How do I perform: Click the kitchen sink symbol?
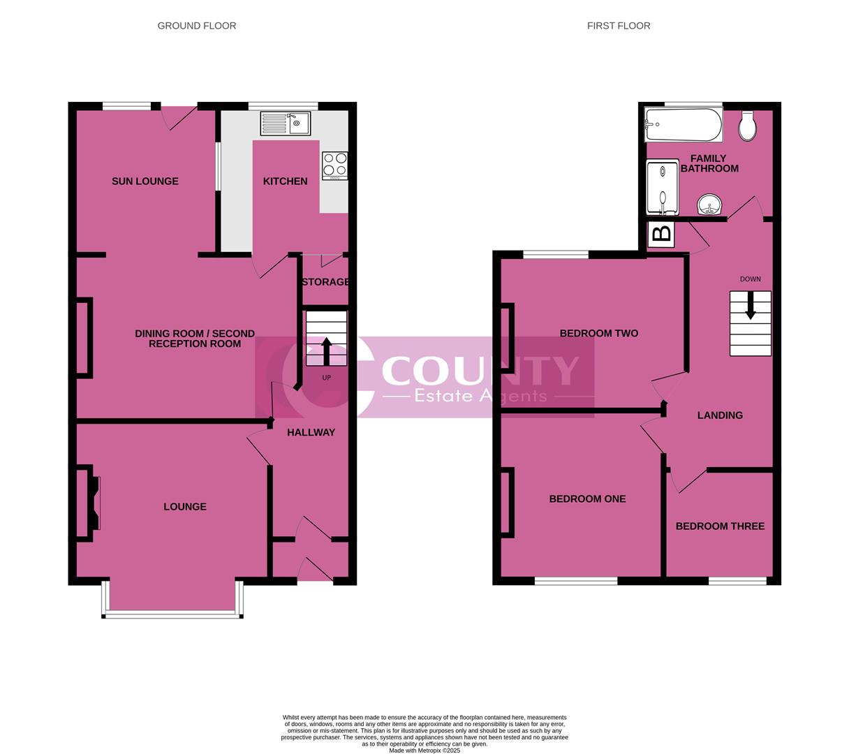point(286,124)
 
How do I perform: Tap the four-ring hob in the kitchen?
point(334,165)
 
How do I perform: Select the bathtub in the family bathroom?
point(683,124)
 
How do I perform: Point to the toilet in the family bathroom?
point(746,126)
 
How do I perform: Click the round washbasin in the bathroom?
point(710,206)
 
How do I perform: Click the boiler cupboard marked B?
point(660,233)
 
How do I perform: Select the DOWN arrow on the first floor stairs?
point(751,306)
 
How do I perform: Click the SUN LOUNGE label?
point(145,182)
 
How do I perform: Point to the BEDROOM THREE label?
point(720,526)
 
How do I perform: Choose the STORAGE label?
point(325,282)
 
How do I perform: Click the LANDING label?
point(720,415)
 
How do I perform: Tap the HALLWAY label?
point(311,433)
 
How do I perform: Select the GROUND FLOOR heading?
point(197,26)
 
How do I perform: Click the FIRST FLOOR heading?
point(619,26)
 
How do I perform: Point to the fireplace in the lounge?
point(92,503)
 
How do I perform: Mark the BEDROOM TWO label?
point(599,334)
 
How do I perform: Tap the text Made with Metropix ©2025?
point(424,751)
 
